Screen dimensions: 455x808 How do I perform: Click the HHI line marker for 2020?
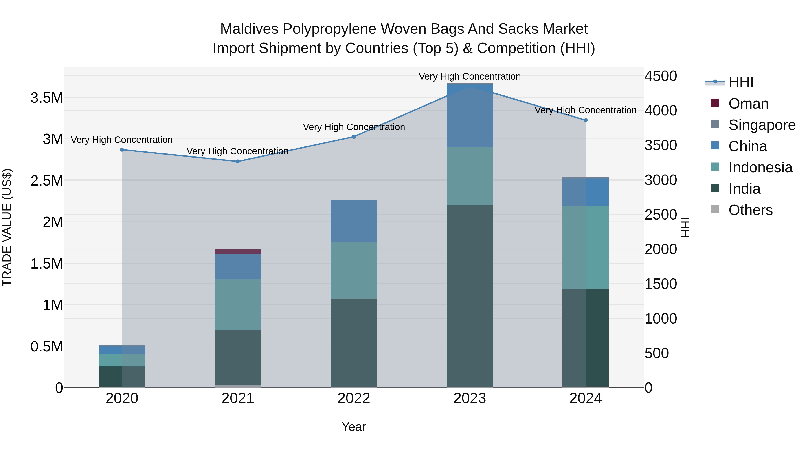coord(122,150)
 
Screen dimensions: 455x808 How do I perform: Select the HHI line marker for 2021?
coord(238,161)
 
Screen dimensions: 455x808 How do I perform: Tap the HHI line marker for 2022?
coord(354,137)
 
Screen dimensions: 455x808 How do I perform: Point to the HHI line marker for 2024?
coord(586,120)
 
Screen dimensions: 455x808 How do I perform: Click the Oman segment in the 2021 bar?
coord(238,251)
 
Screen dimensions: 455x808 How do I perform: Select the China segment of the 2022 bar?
coord(354,221)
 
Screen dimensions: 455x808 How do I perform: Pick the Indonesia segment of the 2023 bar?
coord(470,176)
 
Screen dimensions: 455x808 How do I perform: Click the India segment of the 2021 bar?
coord(238,357)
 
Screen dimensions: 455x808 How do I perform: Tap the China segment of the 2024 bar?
coord(586,192)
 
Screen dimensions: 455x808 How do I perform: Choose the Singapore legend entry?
coord(762,125)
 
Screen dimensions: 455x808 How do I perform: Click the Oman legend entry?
coord(748,104)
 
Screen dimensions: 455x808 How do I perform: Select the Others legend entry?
coord(750,210)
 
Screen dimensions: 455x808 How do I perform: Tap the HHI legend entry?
coord(741,82)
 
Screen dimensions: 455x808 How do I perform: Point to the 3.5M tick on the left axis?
coord(47,98)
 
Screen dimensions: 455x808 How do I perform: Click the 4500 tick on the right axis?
coord(661,76)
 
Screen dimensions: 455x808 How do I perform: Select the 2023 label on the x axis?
coord(470,398)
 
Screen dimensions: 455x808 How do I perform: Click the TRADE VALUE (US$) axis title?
coord(7,227)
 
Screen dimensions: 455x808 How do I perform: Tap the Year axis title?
coord(354,427)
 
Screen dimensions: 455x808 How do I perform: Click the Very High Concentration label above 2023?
coord(470,76)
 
